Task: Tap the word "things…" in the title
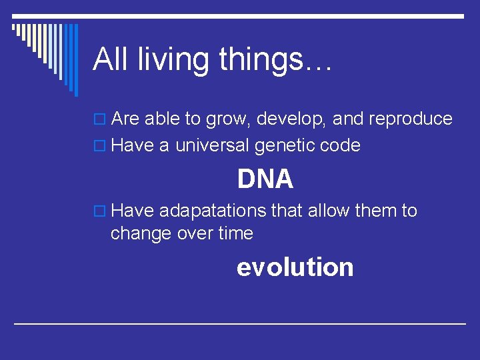pyautogui.click(x=276, y=60)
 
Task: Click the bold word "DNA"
pyautogui.click(x=265, y=179)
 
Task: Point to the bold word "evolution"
pyautogui.click(x=295, y=267)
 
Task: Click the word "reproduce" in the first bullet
pyautogui.click(x=409, y=119)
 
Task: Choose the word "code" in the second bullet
pyautogui.click(x=341, y=145)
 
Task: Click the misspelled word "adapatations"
pyautogui.click(x=213, y=211)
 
